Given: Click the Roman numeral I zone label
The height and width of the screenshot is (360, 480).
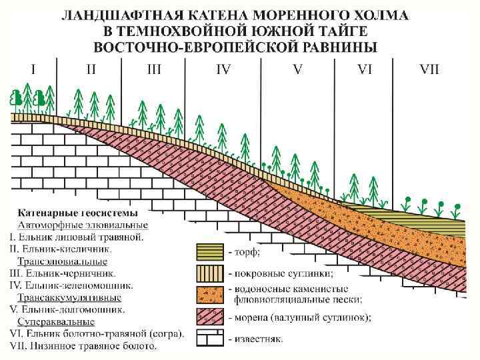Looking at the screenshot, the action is pyautogui.click(x=33, y=69).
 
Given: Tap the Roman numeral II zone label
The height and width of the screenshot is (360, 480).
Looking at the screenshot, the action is pyautogui.click(x=91, y=69).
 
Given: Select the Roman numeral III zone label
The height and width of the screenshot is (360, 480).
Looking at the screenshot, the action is pyautogui.click(x=154, y=69).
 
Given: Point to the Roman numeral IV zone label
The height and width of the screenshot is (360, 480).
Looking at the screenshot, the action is pyautogui.click(x=223, y=69).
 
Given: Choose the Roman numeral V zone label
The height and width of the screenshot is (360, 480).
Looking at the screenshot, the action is pyautogui.click(x=297, y=69).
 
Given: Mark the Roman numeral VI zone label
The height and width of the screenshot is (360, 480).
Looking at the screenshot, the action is pyautogui.click(x=365, y=69).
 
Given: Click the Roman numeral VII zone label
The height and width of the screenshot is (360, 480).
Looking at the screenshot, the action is pyautogui.click(x=429, y=69).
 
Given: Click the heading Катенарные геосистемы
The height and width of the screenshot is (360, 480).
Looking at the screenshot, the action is pyautogui.click(x=78, y=214).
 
